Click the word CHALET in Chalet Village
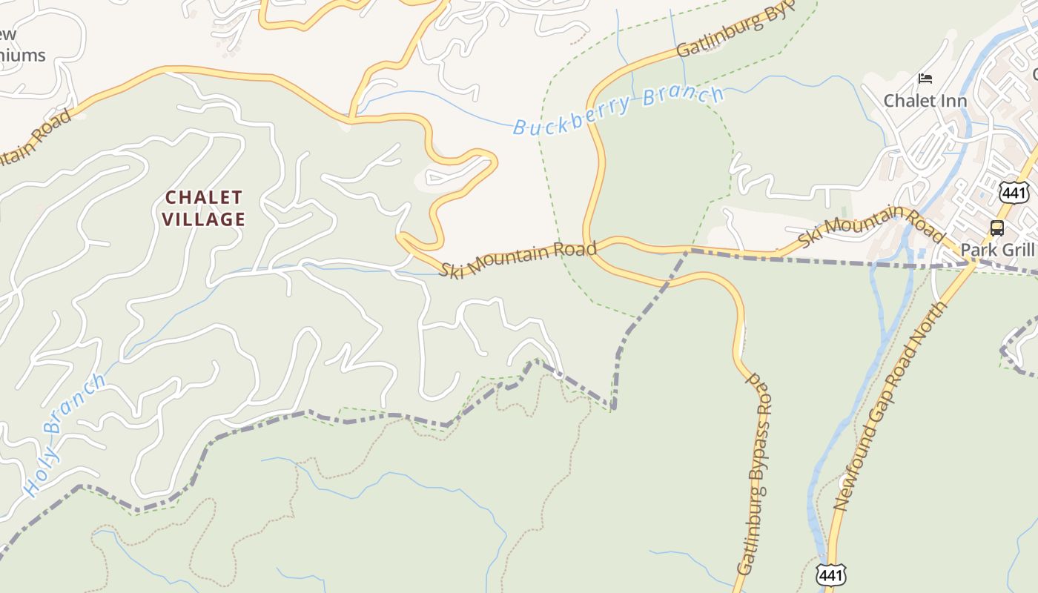[204, 198]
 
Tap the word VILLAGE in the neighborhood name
[204, 219]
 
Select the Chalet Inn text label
[925, 100]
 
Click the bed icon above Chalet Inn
[925, 78]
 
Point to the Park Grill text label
[997, 249]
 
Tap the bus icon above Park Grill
[997, 228]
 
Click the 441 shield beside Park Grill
[1014, 192]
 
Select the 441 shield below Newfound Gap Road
[830, 574]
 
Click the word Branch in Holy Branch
[74, 405]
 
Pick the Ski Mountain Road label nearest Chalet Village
[518, 259]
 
